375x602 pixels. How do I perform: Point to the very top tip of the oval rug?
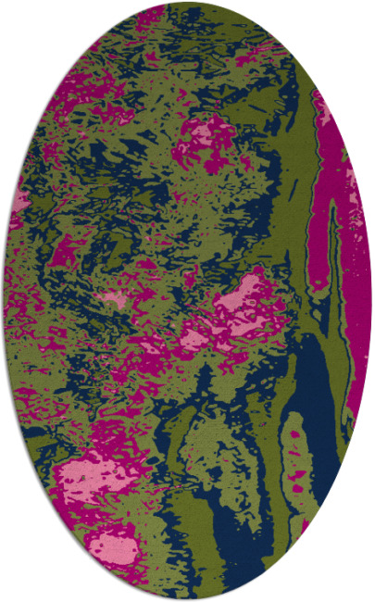[188, 3]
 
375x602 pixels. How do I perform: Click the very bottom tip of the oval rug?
[188, 599]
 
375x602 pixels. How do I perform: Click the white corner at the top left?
[19, 19]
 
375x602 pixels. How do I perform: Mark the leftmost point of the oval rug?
[4, 301]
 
